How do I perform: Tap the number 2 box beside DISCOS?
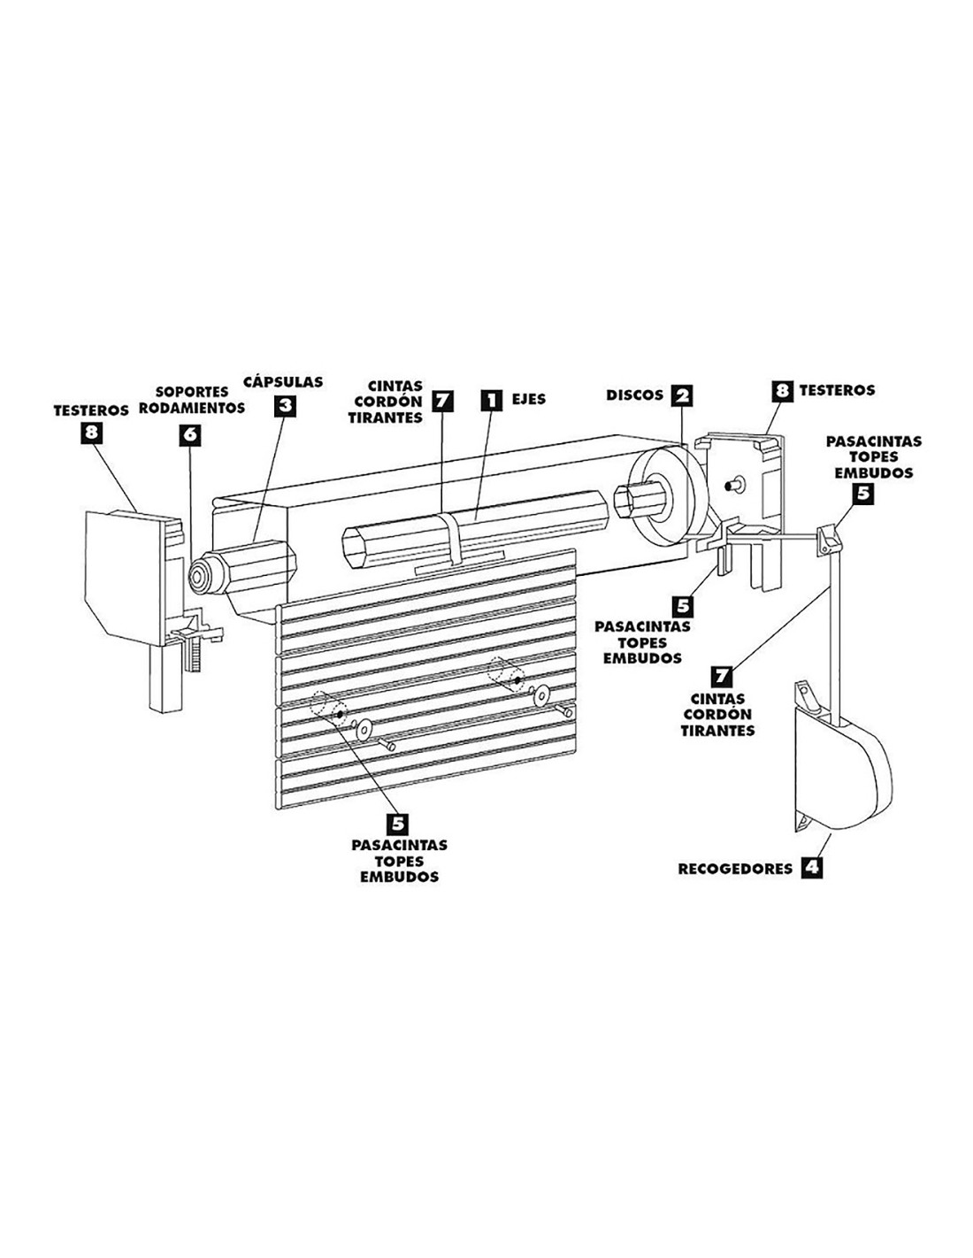(x=680, y=395)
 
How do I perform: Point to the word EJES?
(x=529, y=399)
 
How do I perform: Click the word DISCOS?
(x=634, y=395)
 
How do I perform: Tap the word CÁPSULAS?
(x=282, y=382)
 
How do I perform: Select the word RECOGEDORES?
(x=735, y=869)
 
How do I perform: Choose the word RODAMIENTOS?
(x=191, y=409)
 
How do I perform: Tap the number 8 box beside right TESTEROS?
(x=781, y=389)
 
